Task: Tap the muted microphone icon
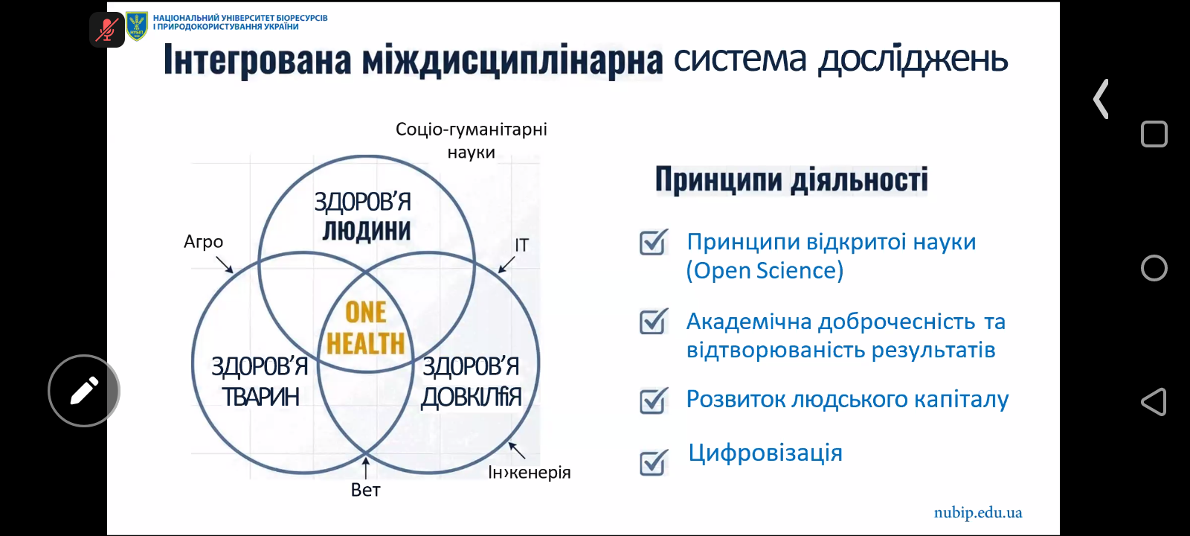pos(107,30)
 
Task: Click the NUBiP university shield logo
pos(137,26)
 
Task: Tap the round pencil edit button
pos(84,391)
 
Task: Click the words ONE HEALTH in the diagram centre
pos(365,328)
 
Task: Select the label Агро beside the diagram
pos(204,242)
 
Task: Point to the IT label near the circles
pos(521,245)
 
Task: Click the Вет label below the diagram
pos(365,490)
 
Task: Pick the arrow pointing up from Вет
pos(365,468)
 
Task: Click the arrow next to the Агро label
pos(224,265)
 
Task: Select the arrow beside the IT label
pos(506,264)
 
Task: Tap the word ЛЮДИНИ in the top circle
pos(367,232)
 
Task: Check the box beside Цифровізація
pos(654,462)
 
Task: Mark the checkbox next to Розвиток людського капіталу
pos(654,401)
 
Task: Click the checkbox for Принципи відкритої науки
pos(654,242)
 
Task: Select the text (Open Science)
pos(765,271)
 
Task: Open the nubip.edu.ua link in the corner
pos(978,513)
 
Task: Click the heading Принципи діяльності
pos(791,179)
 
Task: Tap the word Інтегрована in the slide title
pos(257,60)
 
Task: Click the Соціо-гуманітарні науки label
pos(472,141)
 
